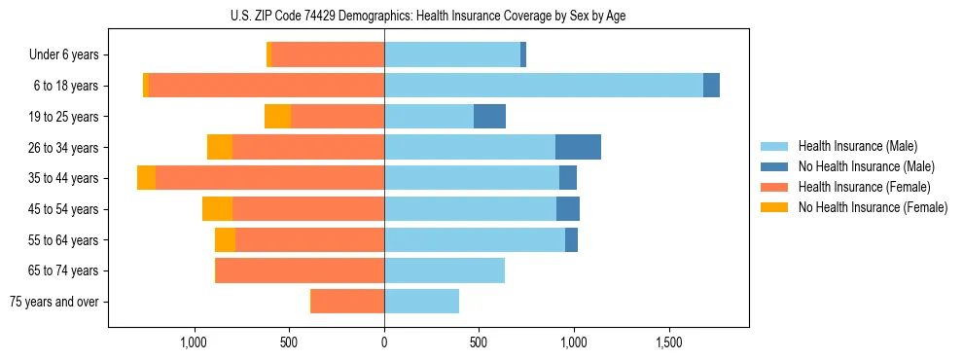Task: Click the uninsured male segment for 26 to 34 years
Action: point(578,147)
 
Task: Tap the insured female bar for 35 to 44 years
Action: point(269,178)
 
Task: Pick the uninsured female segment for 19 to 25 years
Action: point(277,117)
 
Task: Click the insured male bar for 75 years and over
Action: point(421,302)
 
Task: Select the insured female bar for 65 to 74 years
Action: point(300,270)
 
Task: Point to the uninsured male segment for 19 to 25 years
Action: point(489,117)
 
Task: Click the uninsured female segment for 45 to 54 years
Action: point(217,209)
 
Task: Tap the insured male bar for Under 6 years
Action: point(452,54)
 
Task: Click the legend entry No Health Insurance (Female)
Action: point(873,207)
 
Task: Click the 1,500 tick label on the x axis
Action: point(669,342)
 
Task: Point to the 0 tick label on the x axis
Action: point(384,342)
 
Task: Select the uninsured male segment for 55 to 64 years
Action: point(571,240)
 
